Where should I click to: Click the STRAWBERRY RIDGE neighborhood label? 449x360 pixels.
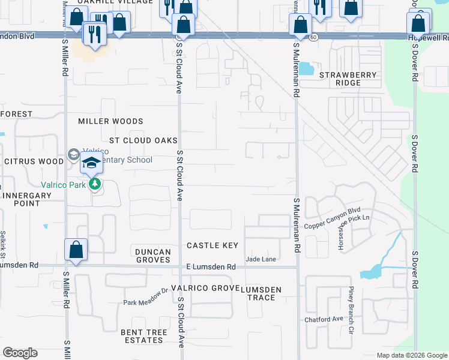[x=348, y=79]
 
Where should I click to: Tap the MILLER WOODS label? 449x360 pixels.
[x=110, y=121]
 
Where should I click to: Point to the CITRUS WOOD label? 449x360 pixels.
[x=34, y=161]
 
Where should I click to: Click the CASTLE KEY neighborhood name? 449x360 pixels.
[x=212, y=245]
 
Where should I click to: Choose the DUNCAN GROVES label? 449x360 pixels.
[x=153, y=256]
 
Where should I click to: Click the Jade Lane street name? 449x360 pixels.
[x=261, y=259]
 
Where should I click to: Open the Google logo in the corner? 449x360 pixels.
[x=20, y=353]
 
